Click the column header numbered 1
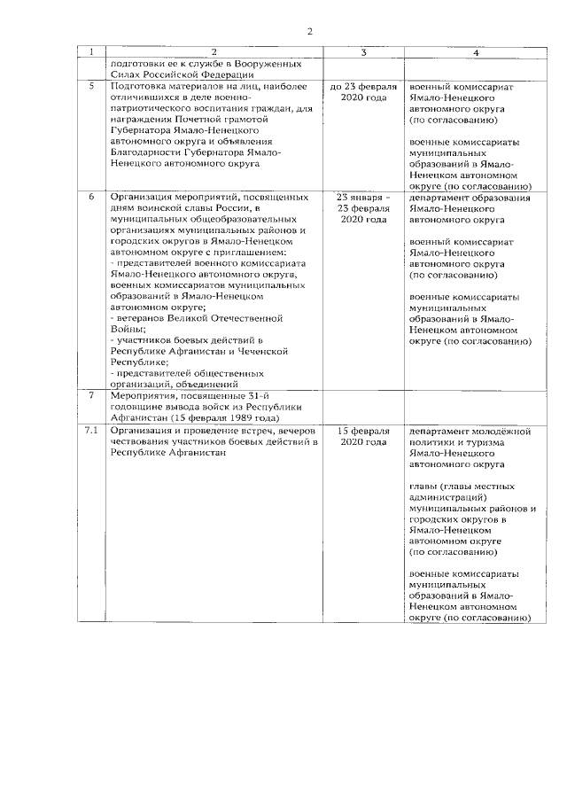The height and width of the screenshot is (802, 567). pyautogui.click(x=89, y=53)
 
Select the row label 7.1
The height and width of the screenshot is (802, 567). pyautogui.click(x=89, y=431)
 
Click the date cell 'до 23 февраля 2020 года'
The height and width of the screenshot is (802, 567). pyautogui.click(x=363, y=92)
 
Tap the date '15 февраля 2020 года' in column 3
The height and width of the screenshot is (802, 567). pyautogui.click(x=363, y=436)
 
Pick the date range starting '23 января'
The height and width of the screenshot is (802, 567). pyautogui.click(x=363, y=197)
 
